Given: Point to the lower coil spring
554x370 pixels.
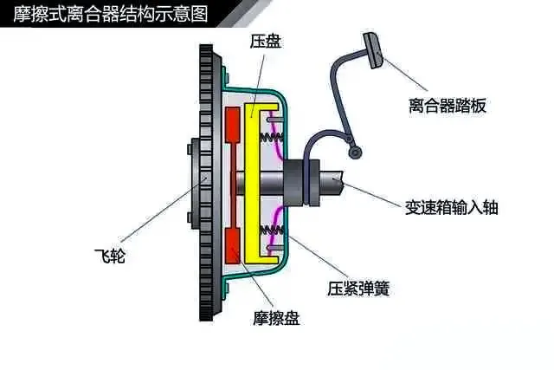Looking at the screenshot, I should (x=276, y=230).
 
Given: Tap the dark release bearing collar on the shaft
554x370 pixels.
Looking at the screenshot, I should (x=304, y=182).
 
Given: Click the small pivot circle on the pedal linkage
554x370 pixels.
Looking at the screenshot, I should (x=352, y=153).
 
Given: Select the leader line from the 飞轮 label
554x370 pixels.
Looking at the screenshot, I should (x=156, y=217).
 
